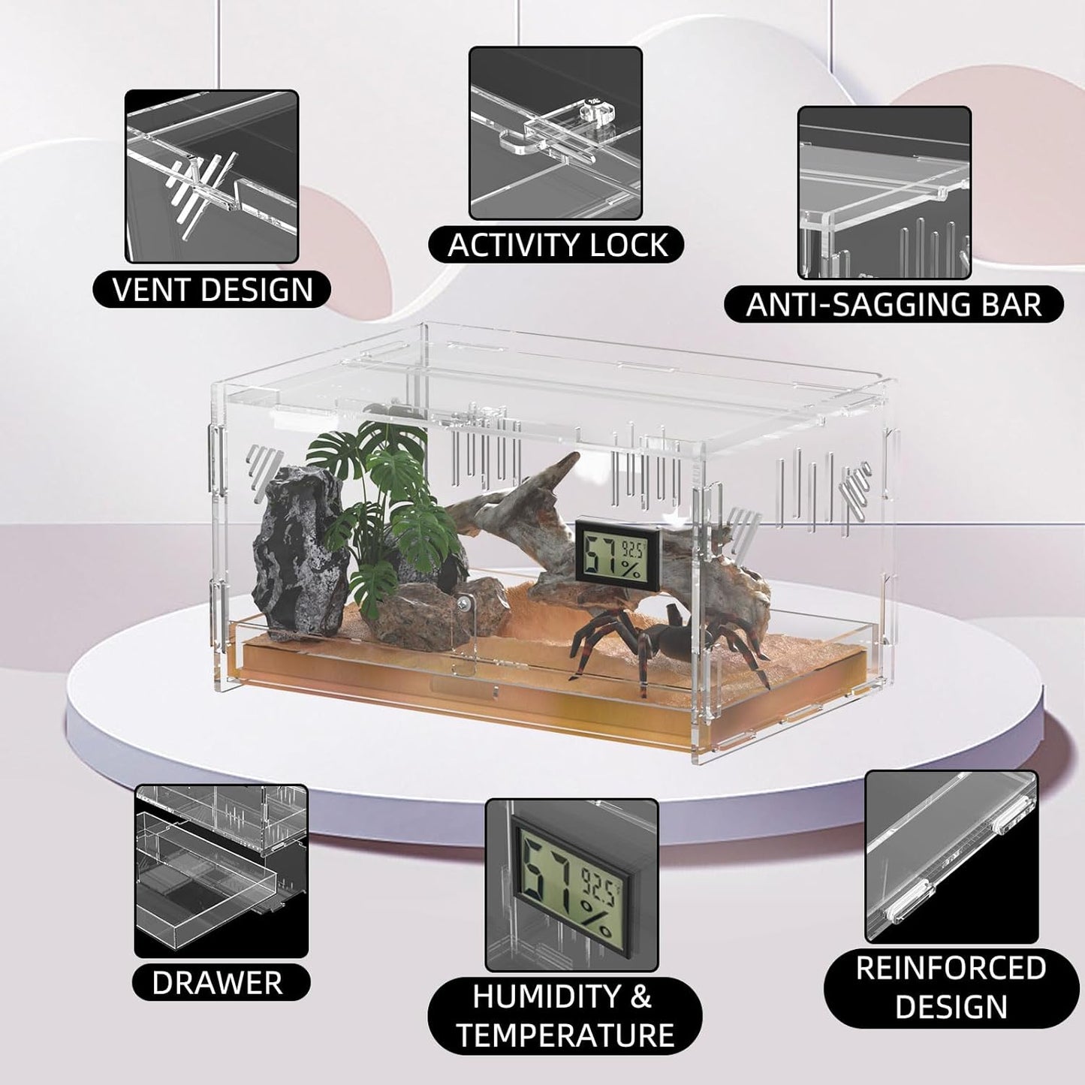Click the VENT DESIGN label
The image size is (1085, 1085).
[x=212, y=289]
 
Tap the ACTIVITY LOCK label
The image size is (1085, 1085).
[x=557, y=245]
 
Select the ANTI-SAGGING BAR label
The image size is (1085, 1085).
[x=894, y=305]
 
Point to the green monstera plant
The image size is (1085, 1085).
[x=384, y=507]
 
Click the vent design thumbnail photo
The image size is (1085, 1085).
[x=212, y=176]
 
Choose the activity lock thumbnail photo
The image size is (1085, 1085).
[x=556, y=133]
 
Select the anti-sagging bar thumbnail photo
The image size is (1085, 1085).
[x=885, y=192]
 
